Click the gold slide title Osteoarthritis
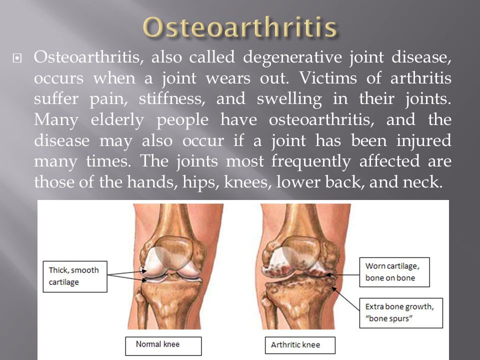click(x=240, y=27)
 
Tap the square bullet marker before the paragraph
click(x=17, y=58)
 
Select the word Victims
click(x=328, y=78)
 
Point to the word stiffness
click(x=172, y=98)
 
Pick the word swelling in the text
click(x=289, y=99)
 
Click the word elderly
click(x=117, y=120)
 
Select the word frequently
click(x=311, y=162)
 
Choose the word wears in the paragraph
click(x=228, y=78)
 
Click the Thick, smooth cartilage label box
click(x=75, y=276)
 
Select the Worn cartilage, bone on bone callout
click(x=394, y=272)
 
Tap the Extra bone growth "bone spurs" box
click(x=401, y=313)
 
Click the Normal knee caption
click(x=163, y=346)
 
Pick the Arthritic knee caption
click(x=300, y=345)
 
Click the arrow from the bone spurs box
click(x=345, y=299)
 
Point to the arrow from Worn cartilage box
click(x=342, y=275)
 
